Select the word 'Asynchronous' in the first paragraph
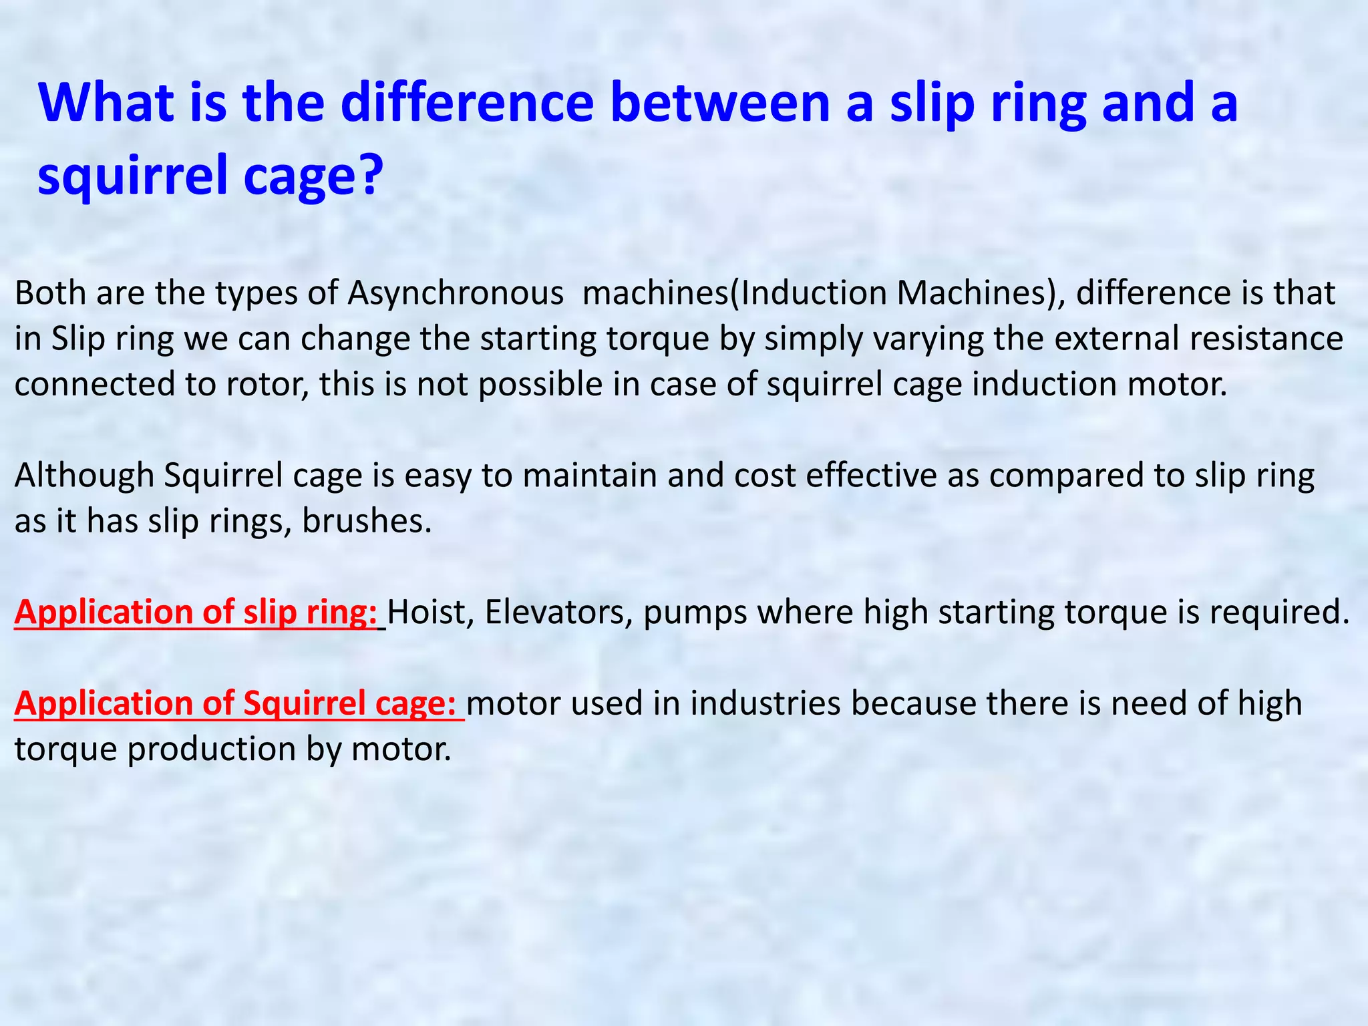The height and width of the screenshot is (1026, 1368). click(x=455, y=294)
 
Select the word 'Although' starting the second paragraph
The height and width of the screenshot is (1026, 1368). click(x=84, y=476)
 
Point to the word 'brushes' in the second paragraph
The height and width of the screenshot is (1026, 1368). click(x=366, y=522)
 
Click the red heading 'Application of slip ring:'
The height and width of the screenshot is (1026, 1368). click(x=196, y=613)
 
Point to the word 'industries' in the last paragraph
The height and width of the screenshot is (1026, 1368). click(x=765, y=704)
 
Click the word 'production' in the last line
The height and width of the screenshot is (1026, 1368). click(x=212, y=749)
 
